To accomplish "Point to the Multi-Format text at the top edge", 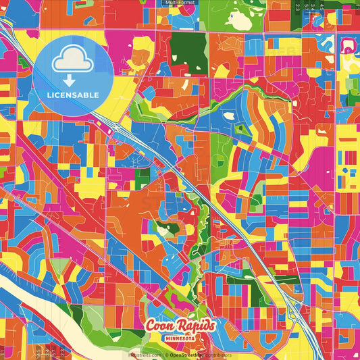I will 180,3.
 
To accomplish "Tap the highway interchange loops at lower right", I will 295,311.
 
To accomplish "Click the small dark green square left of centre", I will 142,177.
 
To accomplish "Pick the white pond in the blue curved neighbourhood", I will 229,115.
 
